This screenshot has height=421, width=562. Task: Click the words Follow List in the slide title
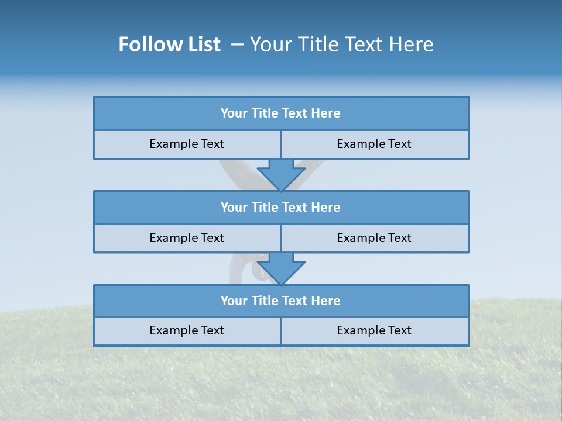click(x=169, y=44)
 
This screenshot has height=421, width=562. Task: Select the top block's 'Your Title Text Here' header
click(x=281, y=113)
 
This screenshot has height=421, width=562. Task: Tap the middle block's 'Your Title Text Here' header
click(x=281, y=207)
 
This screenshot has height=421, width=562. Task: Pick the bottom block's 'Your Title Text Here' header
click(x=281, y=301)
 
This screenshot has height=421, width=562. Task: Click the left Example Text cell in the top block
click(x=187, y=144)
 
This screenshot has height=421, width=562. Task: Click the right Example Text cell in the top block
click(x=374, y=144)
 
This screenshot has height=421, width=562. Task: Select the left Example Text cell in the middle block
click(x=187, y=238)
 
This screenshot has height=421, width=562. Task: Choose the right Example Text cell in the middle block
click(x=374, y=238)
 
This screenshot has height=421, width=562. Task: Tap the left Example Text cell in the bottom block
click(x=187, y=330)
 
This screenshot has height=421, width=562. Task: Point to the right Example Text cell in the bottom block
click(x=374, y=330)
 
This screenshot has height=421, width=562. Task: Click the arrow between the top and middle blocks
click(x=281, y=174)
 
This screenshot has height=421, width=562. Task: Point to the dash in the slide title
click(x=237, y=44)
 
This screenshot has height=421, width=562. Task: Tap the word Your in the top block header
click(x=234, y=113)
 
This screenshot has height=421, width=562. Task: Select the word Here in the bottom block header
click(x=326, y=301)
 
